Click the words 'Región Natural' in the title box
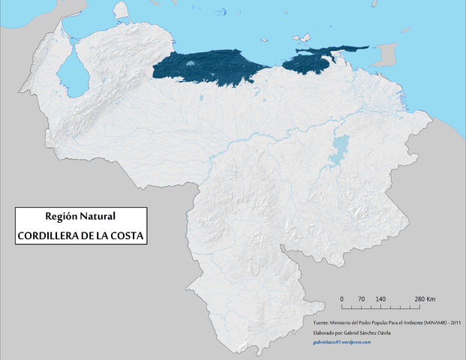pyautogui.click(x=80, y=216)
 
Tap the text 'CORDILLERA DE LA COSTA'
pyautogui.click(x=81, y=235)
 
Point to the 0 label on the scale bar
pyautogui.click(x=342, y=299)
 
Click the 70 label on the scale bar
pyautogui.click(x=361, y=299)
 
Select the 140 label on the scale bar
pyautogui.click(x=380, y=299)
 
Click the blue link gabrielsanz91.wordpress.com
pyautogui.click(x=342, y=341)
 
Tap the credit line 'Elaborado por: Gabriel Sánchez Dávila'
pyautogui.click(x=351, y=332)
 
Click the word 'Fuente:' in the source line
pyautogui.click(x=323, y=323)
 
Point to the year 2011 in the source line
pyautogui.click(x=454, y=323)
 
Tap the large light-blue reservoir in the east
pyautogui.click(x=341, y=149)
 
